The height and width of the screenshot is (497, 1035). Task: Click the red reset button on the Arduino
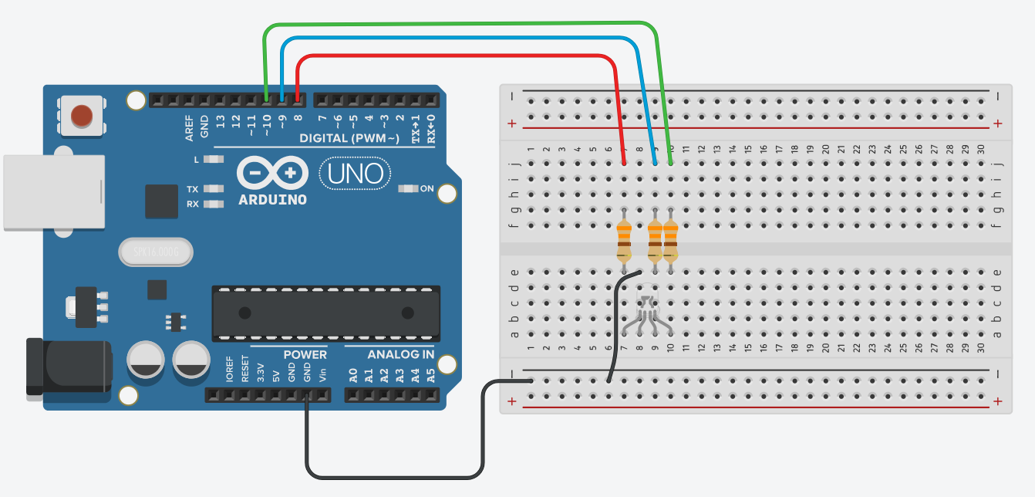pyautogui.click(x=82, y=117)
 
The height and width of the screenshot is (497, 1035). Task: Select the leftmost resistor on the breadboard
pyautogui.click(x=624, y=240)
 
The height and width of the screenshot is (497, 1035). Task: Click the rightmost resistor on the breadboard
pyautogui.click(x=670, y=240)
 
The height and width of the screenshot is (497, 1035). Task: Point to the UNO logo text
pyautogui.click(x=355, y=174)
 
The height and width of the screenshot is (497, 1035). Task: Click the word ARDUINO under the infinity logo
pyautogui.click(x=272, y=200)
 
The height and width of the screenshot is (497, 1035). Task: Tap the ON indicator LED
pyautogui.click(x=406, y=189)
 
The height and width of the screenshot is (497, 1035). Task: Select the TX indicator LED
pyautogui.click(x=214, y=189)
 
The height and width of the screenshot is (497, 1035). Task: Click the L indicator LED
pyautogui.click(x=214, y=159)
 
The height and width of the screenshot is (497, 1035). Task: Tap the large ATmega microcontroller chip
pyautogui.click(x=325, y=313)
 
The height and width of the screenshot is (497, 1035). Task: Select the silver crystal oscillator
pyautogui.click(x=155, y=252)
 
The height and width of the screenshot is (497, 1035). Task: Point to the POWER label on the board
pyautogui.click(x=305, y=355)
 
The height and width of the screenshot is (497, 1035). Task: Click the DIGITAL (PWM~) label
pyautogui.click(x=349, y=138)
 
